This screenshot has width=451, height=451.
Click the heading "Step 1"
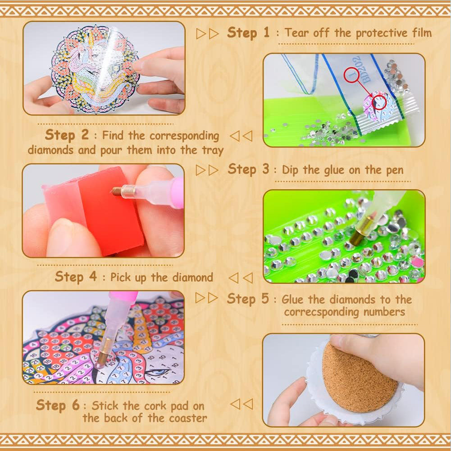click(x=248, y=33)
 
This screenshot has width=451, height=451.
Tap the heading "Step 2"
click(x=67, y=135)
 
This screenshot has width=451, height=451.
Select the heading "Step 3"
click(x=249, y=169)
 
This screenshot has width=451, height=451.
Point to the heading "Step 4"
click(x=76, y=277)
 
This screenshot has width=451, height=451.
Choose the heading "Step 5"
click(x=248, y=299)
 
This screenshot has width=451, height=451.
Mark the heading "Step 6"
click(x=58, y=405)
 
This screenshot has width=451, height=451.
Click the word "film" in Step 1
click(x=422, y=32)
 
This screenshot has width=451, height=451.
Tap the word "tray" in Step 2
click(x=213, y=150)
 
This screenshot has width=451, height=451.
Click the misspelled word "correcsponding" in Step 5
click(x=321, y=312)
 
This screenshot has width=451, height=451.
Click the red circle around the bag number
click(x=352, y=75)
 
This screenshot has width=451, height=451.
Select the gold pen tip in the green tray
click(x=361, y=231)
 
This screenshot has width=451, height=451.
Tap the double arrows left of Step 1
click(x=207, y=34)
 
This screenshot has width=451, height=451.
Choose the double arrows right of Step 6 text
click(x=241, y=404)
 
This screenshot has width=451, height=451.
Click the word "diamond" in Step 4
click(x=192, y=278)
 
